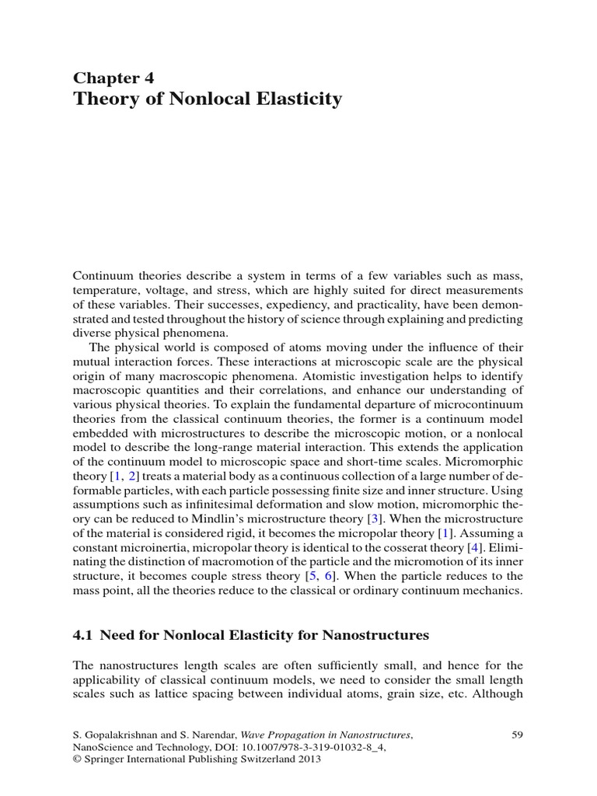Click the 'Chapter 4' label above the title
tap(113, 77)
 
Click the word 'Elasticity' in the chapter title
tap(296, 99)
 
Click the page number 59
tap(518, 734)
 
